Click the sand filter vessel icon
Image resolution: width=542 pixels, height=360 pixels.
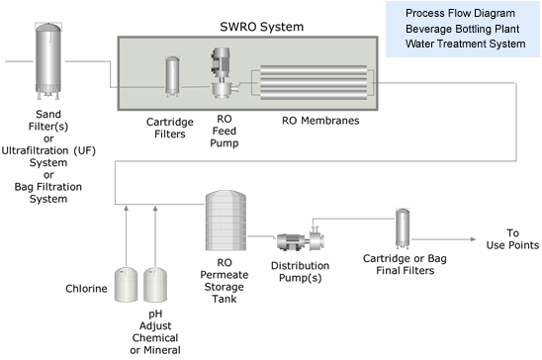[x=48, y=61]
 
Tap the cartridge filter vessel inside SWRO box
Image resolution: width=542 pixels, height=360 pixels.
[x=172, y=76]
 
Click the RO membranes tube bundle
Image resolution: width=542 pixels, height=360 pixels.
[x=314, y=82]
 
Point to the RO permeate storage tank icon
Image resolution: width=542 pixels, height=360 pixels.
[x=226, y=221]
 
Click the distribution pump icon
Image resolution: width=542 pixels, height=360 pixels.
[x=301, y=238]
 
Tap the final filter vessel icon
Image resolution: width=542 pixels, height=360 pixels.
[x=403, y=228]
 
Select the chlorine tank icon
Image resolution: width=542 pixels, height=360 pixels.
[x=126, y=284]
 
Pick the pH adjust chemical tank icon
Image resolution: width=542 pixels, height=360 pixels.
[x=155, y=284]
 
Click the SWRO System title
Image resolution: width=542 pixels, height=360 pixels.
[x=262, y=27]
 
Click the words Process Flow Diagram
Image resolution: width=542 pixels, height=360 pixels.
[x=460, y=13]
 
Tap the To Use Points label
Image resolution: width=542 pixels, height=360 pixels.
[x=512, y=238]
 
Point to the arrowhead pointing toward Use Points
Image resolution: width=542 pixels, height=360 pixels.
[x=473, y=239]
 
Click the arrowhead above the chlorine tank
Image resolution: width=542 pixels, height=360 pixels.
[x=127, y=208]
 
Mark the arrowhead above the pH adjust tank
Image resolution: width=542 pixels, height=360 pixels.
[x=155, y=208]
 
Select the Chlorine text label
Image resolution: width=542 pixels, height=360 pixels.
[x=86, y=289]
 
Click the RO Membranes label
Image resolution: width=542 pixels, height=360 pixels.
[x=320, y=121]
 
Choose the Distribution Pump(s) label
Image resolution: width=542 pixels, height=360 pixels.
[x=300, y=272]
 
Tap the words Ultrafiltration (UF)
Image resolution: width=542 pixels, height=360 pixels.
[x=48, y=150]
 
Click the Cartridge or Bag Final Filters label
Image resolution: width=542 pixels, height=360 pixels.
[x=405, y=264]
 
